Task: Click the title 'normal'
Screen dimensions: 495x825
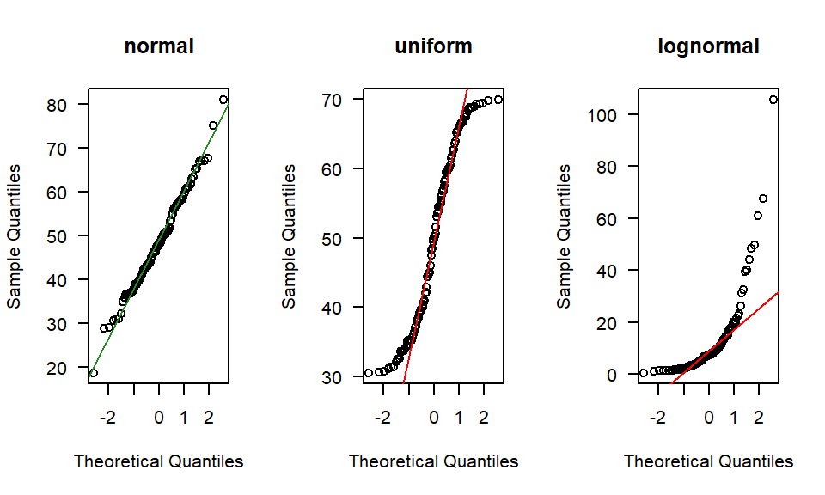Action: tap(159, 46)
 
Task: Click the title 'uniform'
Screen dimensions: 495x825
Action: tap(433, 46)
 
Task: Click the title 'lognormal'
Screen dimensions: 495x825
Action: tap(708, 46)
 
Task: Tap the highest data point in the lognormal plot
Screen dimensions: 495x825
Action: tap(773, 100)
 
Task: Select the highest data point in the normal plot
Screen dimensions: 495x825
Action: tap(223, 100)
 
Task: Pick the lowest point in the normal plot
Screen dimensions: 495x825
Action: tap(93, 373)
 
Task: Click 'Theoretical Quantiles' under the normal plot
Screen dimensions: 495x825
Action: tap(159, 461)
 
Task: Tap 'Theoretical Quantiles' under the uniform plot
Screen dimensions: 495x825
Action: tap(433, 461)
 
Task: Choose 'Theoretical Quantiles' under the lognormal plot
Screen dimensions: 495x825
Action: tap(708, 461)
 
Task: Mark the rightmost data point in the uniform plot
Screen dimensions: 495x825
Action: tap(498, 100)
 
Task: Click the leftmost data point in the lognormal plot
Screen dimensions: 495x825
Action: tap(644, 373)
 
